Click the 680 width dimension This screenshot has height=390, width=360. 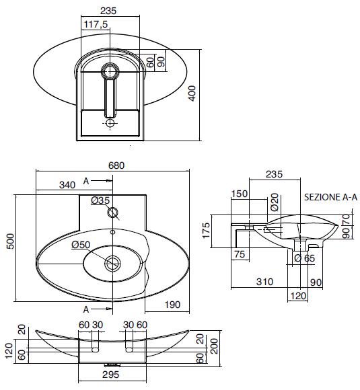[x=116, y=165]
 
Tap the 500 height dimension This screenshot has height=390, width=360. [x=11, y=241]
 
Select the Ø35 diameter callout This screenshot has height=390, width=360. [x=100, y=200]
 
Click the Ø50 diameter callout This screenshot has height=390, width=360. [x=81, y=245]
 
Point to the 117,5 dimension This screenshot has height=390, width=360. [x=96, y=24]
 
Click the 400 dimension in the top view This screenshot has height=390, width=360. [x=192, y=93]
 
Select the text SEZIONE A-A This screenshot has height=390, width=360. [x=330, y=197]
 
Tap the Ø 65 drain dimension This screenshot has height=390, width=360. [x=304, y=258]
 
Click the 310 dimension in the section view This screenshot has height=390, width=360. [x=265, y=282]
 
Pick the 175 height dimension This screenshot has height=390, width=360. [x=206, y=231]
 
